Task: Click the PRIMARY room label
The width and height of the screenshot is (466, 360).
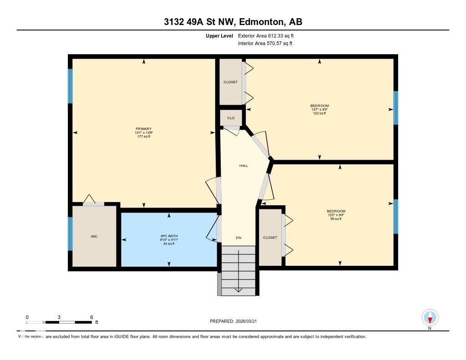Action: click(144, 129)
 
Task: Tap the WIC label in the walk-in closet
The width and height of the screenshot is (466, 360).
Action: click(94, 236)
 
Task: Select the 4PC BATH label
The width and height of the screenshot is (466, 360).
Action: click(169, 236)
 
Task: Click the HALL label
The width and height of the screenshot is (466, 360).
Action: click(244, 166)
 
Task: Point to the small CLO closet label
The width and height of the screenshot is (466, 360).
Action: click(231, 118)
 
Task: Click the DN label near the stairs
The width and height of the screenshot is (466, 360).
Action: click(238, 238)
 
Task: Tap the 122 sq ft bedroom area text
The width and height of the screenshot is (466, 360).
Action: click(319, 113)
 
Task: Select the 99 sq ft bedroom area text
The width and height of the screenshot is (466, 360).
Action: click(336, 219)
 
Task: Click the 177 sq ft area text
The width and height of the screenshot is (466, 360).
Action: click(144, 137)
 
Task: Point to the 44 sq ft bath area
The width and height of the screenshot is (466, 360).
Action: click(169, 243)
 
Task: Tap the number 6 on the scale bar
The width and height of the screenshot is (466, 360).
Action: click(91, 317)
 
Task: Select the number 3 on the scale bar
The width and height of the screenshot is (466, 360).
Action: click(59, 317)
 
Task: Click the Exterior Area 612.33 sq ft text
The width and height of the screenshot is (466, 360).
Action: click(269, 35)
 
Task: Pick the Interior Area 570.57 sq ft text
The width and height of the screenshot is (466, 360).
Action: click(265, 44)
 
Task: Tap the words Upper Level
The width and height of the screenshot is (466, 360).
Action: click(219, 35)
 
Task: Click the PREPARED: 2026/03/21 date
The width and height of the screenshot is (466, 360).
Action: click(236, 321)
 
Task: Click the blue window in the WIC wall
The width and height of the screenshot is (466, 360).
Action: click(70, 233)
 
